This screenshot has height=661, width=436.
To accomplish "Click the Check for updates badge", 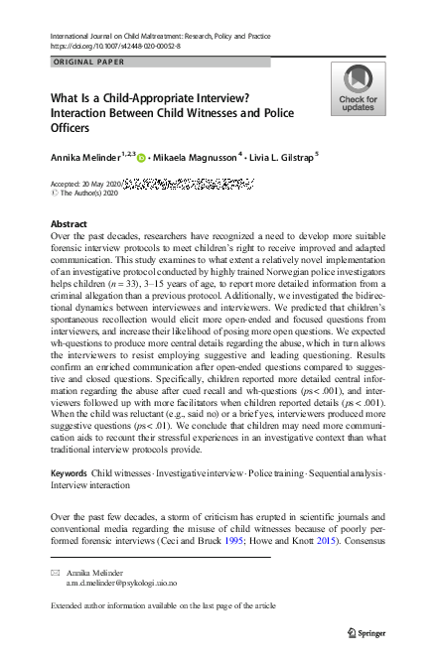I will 358,88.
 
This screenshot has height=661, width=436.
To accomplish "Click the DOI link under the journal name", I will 110,46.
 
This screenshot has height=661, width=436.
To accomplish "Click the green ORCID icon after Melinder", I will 142,158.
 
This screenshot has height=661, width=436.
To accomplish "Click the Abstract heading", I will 69,224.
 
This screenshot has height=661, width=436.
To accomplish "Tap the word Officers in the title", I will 73,128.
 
